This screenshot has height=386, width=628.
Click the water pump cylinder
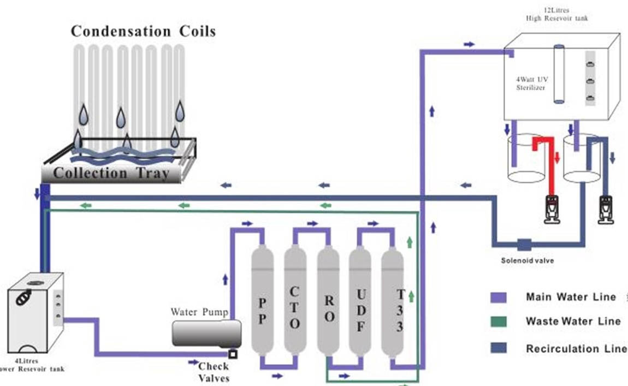[206, 333]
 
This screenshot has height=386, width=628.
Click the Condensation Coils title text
[143, 31]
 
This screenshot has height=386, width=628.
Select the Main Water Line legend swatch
[499, 298]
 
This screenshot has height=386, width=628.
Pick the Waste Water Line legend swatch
[499, 322]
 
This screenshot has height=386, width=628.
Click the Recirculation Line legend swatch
[499, 348]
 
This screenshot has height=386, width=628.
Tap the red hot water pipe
[549, 164]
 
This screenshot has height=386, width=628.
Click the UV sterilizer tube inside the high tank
[558, 74]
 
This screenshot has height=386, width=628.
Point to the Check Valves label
[214, 372]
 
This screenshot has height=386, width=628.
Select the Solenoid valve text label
[527, 261]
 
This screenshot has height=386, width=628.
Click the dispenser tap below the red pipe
[552, 208]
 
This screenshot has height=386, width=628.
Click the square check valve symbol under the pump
[233, 353]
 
